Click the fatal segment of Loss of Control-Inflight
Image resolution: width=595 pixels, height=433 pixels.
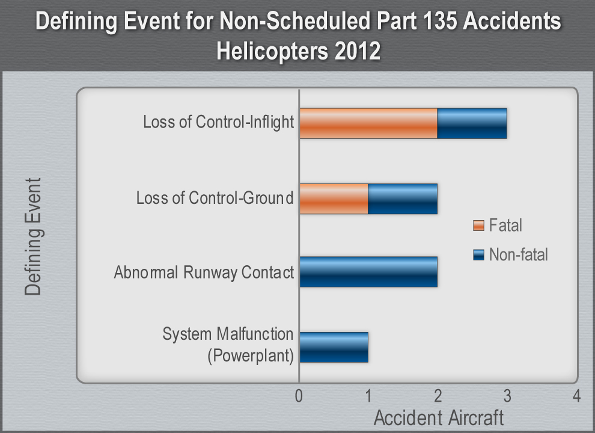coord(368,123)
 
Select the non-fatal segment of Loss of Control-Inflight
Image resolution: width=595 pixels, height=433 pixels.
coord(472,123)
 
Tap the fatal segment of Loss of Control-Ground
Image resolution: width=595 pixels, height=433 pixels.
coord(334,198)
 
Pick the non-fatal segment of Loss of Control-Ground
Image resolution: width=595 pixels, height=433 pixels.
coord(403,198)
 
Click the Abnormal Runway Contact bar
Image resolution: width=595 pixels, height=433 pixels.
coord(368,272)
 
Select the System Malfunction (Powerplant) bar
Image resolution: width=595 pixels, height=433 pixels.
coord(334,347)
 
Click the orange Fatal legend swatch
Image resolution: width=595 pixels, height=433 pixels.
coord(478,226)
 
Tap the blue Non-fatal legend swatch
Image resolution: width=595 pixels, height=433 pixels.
coord(478,255)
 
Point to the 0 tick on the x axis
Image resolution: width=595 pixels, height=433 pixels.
coord(299,397)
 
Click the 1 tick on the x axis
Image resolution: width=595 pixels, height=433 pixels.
coord(368,397)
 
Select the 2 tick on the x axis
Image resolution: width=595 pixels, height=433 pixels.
coord(438,397)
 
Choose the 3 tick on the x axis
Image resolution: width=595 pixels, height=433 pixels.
coord(507,397)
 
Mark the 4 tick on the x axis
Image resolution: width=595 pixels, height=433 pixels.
coord(576,397)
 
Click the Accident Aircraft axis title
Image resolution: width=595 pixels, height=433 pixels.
coord(438,418)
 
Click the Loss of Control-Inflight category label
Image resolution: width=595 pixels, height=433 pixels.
coord(218,123)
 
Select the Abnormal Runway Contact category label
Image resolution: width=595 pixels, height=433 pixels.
coord(204,272)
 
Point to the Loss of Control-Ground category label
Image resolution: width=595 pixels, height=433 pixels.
coord(215,198)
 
